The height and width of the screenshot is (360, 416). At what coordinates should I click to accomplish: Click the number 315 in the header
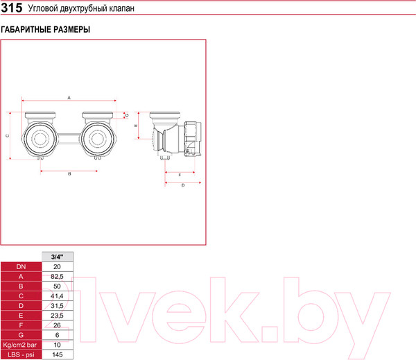(12, 8)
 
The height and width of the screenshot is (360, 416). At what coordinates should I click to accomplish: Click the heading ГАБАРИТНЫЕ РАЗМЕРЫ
(45, 29)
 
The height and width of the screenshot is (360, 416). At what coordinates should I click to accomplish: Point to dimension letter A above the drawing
(69, 98)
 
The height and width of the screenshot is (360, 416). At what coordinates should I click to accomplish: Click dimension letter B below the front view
(69, 174)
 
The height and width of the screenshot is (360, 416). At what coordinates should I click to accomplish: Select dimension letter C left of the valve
(8, 136)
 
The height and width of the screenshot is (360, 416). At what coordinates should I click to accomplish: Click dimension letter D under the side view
(183, 185)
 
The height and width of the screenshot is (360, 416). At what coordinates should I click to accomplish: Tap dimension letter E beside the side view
(136, 126)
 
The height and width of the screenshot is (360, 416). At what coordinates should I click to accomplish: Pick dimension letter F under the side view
(180, 175)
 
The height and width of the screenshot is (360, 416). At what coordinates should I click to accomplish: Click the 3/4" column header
(58, 257)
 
